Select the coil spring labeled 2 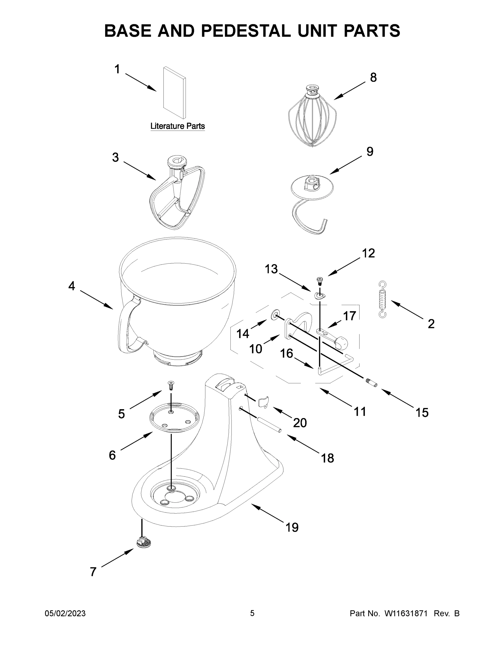(382, 299)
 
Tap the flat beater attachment (177, 194)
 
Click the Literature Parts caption (177, 126)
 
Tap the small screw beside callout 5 (171, 385)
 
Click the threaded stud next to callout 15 (371, 383)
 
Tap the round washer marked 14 (274, 315)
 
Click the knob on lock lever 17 (342, 343)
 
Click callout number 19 (292, 528)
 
